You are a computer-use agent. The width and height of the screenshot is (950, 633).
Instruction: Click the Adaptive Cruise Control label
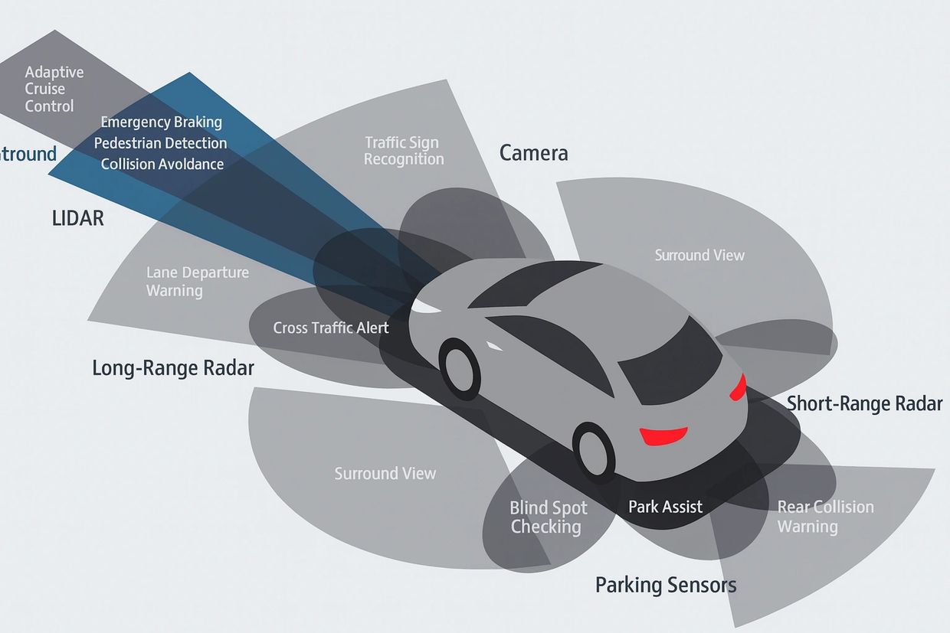pos(54,89)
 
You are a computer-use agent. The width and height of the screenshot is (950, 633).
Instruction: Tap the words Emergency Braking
pos(161,122)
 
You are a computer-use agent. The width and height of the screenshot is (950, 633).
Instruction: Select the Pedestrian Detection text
pos(160,143)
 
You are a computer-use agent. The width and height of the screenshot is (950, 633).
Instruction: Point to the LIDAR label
pos(77,218)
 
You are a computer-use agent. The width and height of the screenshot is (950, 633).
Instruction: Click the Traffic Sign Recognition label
pos(404,151)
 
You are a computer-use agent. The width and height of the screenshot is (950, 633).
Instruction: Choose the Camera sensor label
pos(534,153)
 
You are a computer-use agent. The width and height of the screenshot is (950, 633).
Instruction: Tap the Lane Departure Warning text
pos(197,282)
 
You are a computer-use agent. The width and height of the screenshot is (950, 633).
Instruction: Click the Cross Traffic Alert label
pos(331,328)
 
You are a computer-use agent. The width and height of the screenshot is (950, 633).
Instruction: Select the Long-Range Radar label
pos(173,368)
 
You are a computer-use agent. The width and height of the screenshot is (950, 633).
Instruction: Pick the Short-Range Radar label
pos(865,403)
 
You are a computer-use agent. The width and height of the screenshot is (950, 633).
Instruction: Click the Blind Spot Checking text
pos(549,517)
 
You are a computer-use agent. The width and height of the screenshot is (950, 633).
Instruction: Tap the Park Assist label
pos(665,507)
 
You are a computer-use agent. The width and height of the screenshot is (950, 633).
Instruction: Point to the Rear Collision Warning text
pos(825,517)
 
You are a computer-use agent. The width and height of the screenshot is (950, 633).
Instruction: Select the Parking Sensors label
pos(666,586)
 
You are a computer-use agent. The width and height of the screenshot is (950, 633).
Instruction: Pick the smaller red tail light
pos(739,387)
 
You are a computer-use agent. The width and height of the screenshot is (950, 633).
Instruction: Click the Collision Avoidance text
pos(162,164)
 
